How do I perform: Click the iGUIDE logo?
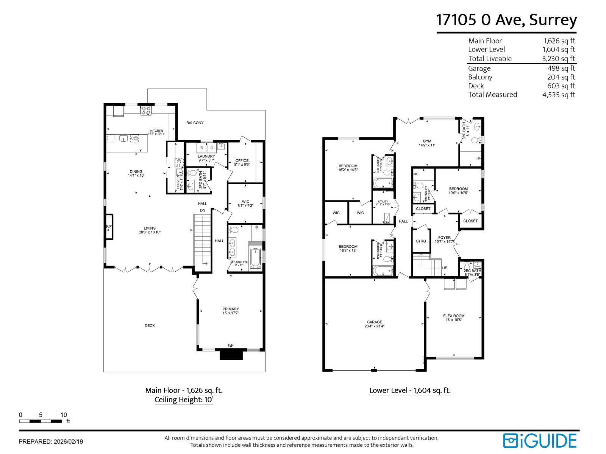coord(540,441)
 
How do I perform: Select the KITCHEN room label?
coord(156,131)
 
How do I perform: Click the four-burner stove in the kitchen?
coord(146,110)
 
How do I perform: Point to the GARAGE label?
coord(374,322)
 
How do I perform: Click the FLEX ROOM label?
coord(453,316)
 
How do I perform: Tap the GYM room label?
coord(427,141)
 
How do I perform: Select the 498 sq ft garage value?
coord(561,68)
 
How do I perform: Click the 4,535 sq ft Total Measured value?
coord(558,95)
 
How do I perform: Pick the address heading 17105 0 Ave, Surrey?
coord(506,20)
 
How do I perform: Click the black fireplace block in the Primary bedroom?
coord(231,354)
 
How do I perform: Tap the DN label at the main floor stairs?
coord(203,210)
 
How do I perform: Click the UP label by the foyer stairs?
coord(445,268)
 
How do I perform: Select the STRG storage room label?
coord(421,241)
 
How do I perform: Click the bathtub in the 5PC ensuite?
coord(255,258)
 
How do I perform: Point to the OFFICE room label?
coord(242,160)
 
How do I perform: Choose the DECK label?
coord(150,325)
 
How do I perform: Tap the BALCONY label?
coord(195,123)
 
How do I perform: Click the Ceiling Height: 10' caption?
coord(184,400)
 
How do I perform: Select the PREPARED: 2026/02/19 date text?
coord(51,442)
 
